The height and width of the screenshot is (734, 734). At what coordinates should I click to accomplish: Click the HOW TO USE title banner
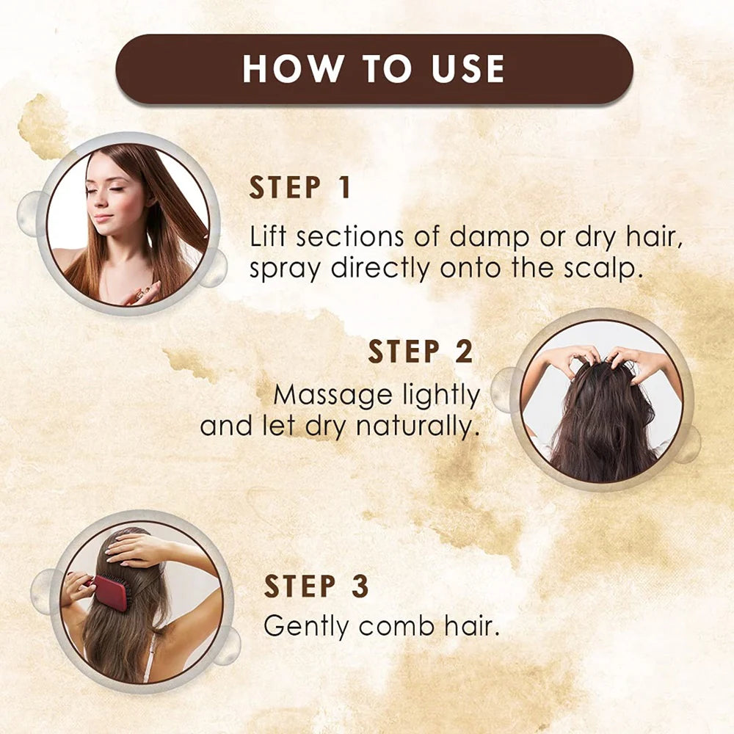(x=374, y=68)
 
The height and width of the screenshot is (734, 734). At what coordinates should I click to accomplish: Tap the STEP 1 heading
(x=300, y=188)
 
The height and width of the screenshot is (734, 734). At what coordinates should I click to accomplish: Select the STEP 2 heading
(x=420, y=352)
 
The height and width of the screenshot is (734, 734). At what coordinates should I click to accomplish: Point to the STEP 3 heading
(x=316, y=586)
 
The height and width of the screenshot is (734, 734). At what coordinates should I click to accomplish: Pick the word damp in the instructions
(x=487, y=237)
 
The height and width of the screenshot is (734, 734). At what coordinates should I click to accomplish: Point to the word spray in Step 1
(x=287, y=269)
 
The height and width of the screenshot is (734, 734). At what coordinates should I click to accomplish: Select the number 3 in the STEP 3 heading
(x=359, y=586)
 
